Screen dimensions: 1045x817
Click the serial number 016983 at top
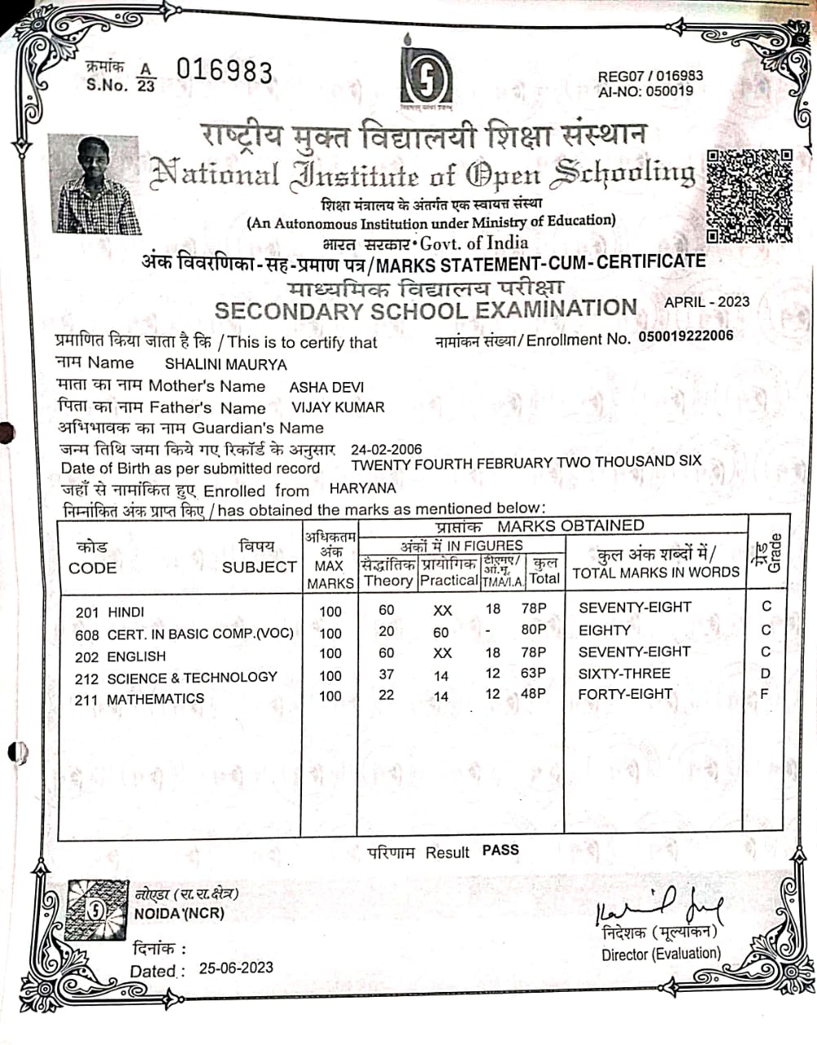(224, 72)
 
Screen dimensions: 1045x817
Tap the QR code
(749, 196)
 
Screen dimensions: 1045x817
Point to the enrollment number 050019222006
(686, 336)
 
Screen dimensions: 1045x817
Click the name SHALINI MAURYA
(225, 364)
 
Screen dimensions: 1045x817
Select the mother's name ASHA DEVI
(326, 387)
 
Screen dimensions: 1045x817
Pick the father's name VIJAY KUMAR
(338, 407)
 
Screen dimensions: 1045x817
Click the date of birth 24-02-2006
(386, 449)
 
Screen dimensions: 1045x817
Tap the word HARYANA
(362, 488)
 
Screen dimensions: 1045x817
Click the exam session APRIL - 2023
(707, 301)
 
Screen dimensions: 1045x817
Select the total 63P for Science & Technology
(534, 674)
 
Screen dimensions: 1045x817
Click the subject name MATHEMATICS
(155, 699)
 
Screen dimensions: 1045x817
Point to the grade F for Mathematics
(765, 694)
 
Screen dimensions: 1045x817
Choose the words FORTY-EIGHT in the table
(625, 694)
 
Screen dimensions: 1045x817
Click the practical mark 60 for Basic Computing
(441, 632)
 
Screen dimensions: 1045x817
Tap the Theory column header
(388, 580)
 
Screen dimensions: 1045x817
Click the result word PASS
(500, 850)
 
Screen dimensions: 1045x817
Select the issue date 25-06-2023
(236, 967)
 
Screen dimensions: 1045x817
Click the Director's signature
(659, 905)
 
